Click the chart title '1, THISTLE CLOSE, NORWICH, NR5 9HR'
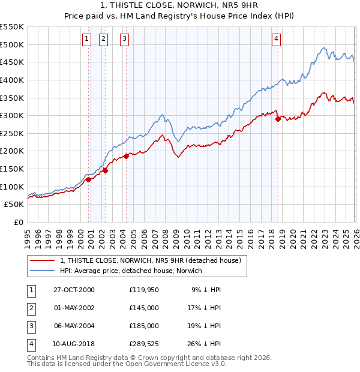click(180, 5)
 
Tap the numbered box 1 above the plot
click(86, 40)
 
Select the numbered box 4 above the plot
click(276, 40)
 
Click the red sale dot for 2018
click(278, 119)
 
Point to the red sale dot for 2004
click(127, 156)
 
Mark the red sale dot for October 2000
click(88, 179)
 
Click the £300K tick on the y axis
click(12, 115)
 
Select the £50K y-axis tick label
click(14, 205)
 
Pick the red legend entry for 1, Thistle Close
click(150, 260)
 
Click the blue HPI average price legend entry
click(131, 271)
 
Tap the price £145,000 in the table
click(144, 308)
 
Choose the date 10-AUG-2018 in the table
click(74, 344)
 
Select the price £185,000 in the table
click(144, 326)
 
